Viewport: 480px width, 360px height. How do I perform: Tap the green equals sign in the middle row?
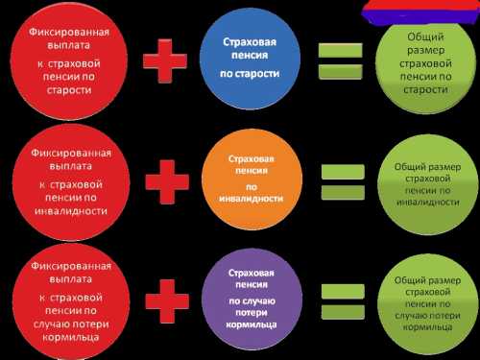tap(341, 181)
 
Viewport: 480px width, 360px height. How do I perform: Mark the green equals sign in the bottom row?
tap(341, 298)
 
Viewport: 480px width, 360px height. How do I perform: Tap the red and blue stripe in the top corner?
tap(420, 10)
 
